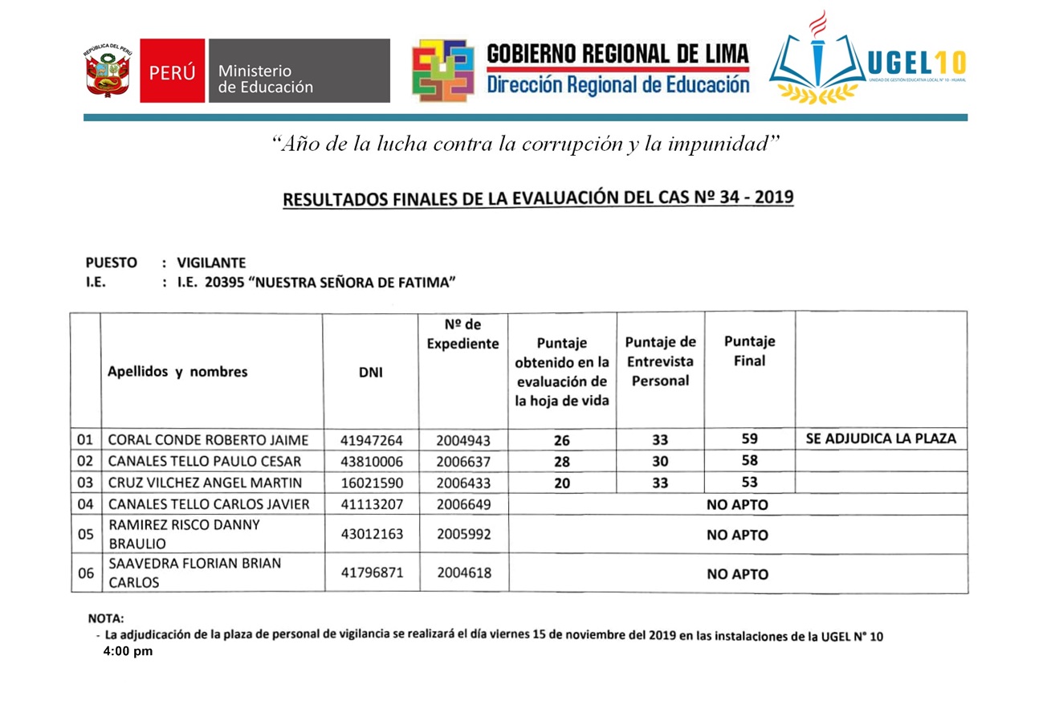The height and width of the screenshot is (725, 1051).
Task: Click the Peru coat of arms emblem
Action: click(x=108, y=71)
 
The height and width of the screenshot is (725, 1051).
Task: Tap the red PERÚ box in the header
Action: click(x=172, y=71)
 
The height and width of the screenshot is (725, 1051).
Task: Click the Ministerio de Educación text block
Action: click(x=266, y=79)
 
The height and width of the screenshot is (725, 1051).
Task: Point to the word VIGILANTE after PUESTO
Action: click(x=211, y=263)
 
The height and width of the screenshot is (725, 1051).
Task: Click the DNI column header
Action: click(x=371, y=372)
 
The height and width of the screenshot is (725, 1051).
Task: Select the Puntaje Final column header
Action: click(x=749, y=351)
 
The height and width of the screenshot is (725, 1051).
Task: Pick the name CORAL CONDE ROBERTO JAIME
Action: click(x=207, y=440)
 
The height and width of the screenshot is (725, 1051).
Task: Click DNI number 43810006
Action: click(x=371, y=462)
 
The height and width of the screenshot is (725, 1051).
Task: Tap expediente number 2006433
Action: click(x=463, y=483)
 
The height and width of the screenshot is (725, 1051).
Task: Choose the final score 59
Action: click(x=750, y=439)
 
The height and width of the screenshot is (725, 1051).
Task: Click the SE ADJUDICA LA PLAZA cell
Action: click(x=880, y=439)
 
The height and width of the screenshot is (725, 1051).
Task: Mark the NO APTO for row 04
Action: click(x=737, y=505)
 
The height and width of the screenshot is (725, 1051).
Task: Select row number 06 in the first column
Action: click(x=85, y=573)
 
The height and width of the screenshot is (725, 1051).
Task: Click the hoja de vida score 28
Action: click(x=562, y=462)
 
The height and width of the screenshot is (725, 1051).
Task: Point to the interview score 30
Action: click(x=660, y=462)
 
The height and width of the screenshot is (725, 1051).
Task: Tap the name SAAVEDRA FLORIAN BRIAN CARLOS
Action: click(x=194, y=573)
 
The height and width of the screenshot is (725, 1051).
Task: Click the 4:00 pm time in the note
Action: click(x=128, y=652)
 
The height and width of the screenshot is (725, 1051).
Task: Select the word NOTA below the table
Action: click(x=105, y=618)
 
